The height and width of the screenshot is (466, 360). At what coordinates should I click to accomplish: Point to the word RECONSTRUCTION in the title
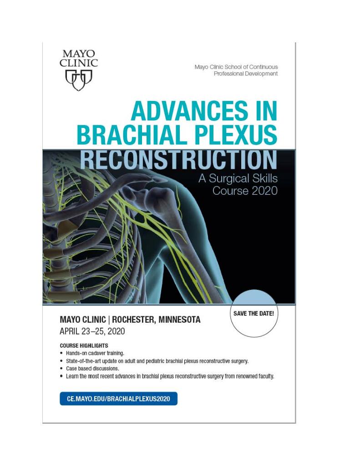[178, 159]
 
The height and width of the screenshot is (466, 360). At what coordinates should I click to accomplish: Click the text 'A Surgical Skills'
[238, 178]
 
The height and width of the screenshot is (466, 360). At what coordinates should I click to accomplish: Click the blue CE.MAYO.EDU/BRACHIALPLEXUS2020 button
[118, 399]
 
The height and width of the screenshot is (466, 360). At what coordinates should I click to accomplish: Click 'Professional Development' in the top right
[245, 74]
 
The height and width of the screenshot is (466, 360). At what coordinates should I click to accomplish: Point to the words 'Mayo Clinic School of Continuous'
[236, 67]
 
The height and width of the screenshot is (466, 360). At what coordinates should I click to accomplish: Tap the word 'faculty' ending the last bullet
[264, 376]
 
